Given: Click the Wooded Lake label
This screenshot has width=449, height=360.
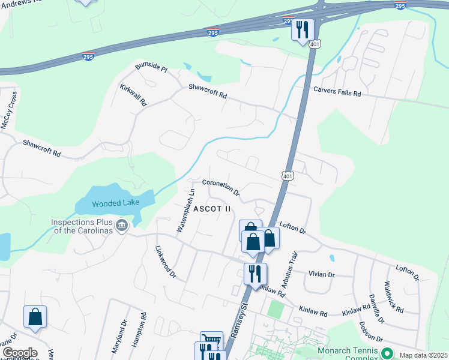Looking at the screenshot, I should pos(116,203).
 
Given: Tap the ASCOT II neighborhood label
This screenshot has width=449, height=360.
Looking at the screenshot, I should pos(212,209).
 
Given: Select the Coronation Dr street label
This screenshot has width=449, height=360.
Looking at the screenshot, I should pos(221,188).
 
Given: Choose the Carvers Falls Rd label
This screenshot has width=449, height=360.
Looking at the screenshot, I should pos(337,94).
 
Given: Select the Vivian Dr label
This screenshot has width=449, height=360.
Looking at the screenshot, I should pos(322,274).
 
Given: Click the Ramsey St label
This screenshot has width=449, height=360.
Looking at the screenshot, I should pos(237,315).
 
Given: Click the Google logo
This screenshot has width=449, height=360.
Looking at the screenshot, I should pos(20,353).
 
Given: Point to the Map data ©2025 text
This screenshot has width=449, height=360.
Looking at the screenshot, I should pos(423,355).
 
